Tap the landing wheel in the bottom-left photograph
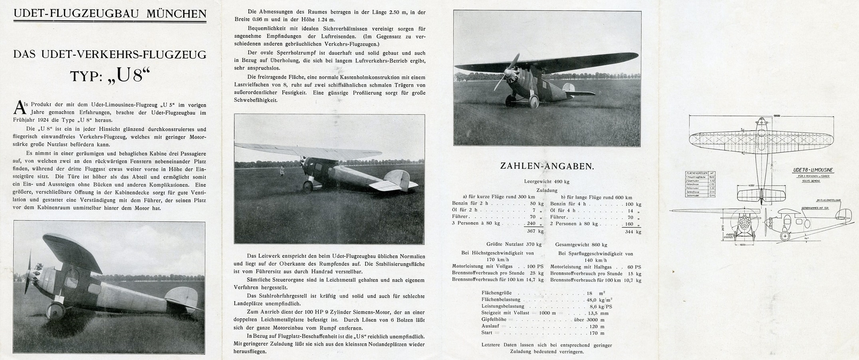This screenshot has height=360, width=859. (56, 310)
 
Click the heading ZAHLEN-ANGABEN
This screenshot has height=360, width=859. (547, 166)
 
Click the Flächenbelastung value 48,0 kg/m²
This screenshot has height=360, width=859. (599, 300)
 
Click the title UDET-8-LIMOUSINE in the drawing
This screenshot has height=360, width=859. (813, 170)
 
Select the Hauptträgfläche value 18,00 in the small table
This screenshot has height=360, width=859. (711, 177)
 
